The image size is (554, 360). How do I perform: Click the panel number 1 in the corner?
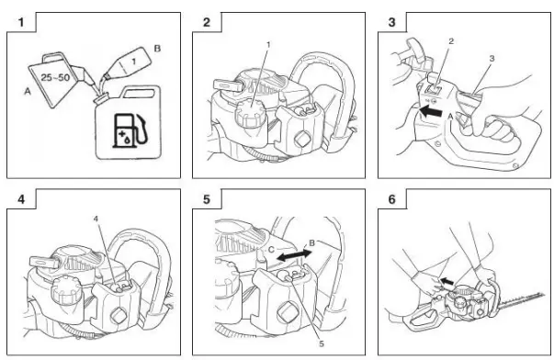tap(21, 23)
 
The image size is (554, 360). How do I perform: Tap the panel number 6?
tap(391, 199)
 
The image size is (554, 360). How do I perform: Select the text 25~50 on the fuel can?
tap(55, 77)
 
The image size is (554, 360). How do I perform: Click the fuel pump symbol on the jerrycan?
tap(129, 130)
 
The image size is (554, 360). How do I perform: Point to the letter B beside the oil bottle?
tap(157, 49)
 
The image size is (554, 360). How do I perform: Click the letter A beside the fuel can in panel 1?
tap(28, 92)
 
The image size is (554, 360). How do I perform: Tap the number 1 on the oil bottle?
tap(133, 62)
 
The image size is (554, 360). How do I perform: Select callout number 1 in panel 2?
tap(268, 45)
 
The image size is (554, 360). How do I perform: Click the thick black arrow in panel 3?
tap(431, 112)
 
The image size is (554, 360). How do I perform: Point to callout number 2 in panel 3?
tap(451, 41)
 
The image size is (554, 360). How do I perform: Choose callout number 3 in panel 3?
tap(492, 59)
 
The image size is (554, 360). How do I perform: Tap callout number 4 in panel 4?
tap(96, 219)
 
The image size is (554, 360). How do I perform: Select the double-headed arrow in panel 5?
tap(294, 255)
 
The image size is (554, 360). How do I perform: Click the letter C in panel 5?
tap(271, 250)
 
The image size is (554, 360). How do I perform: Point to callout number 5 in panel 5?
tap(322, 343)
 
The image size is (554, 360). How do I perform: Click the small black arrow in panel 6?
tap(447, 282)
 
